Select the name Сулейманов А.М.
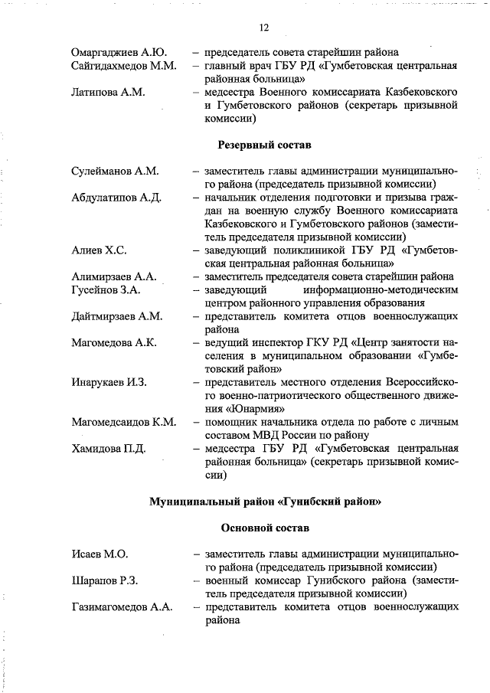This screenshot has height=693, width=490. coord(114,171)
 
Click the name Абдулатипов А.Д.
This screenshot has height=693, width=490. coord(116,198)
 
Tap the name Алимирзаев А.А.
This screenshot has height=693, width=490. coord(113,276)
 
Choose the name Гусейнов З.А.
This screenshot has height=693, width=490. coord(106,290)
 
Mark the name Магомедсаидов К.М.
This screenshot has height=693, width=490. coord(124,421)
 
